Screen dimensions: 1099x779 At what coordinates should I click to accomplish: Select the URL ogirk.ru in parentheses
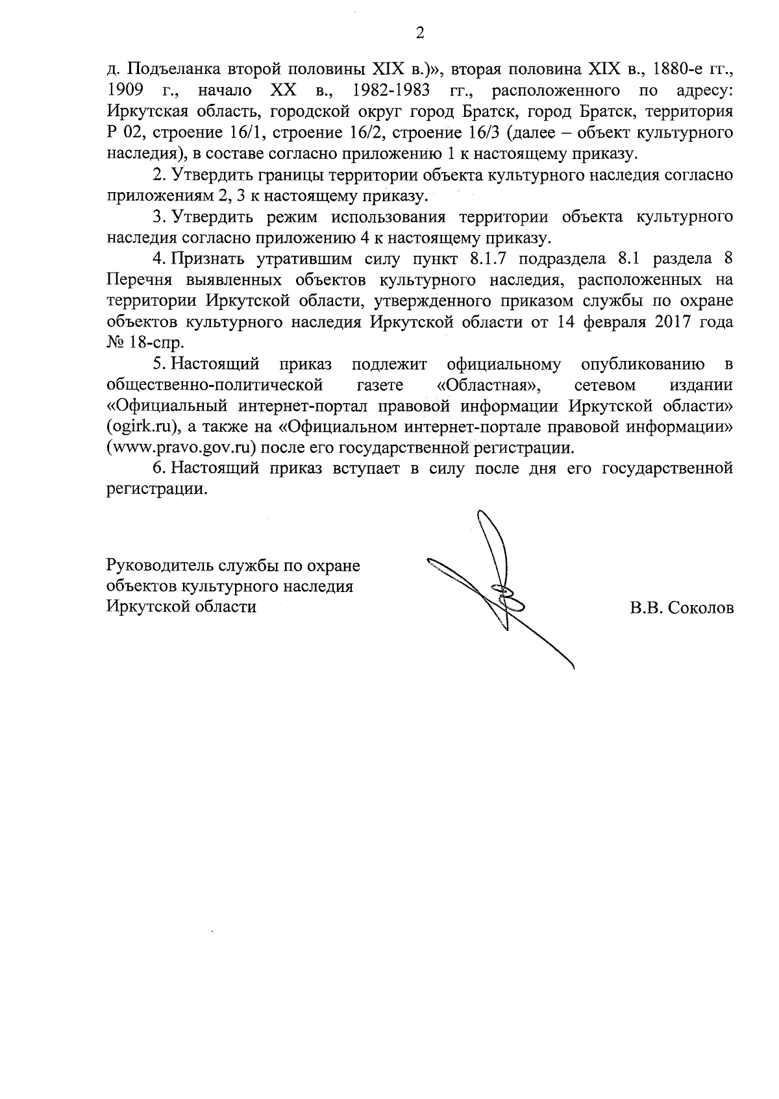click(x=143, y=427)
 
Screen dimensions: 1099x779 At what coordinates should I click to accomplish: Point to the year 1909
click(x=125, y=90)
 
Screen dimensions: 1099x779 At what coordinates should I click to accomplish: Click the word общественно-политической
click(x=214, y=385)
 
